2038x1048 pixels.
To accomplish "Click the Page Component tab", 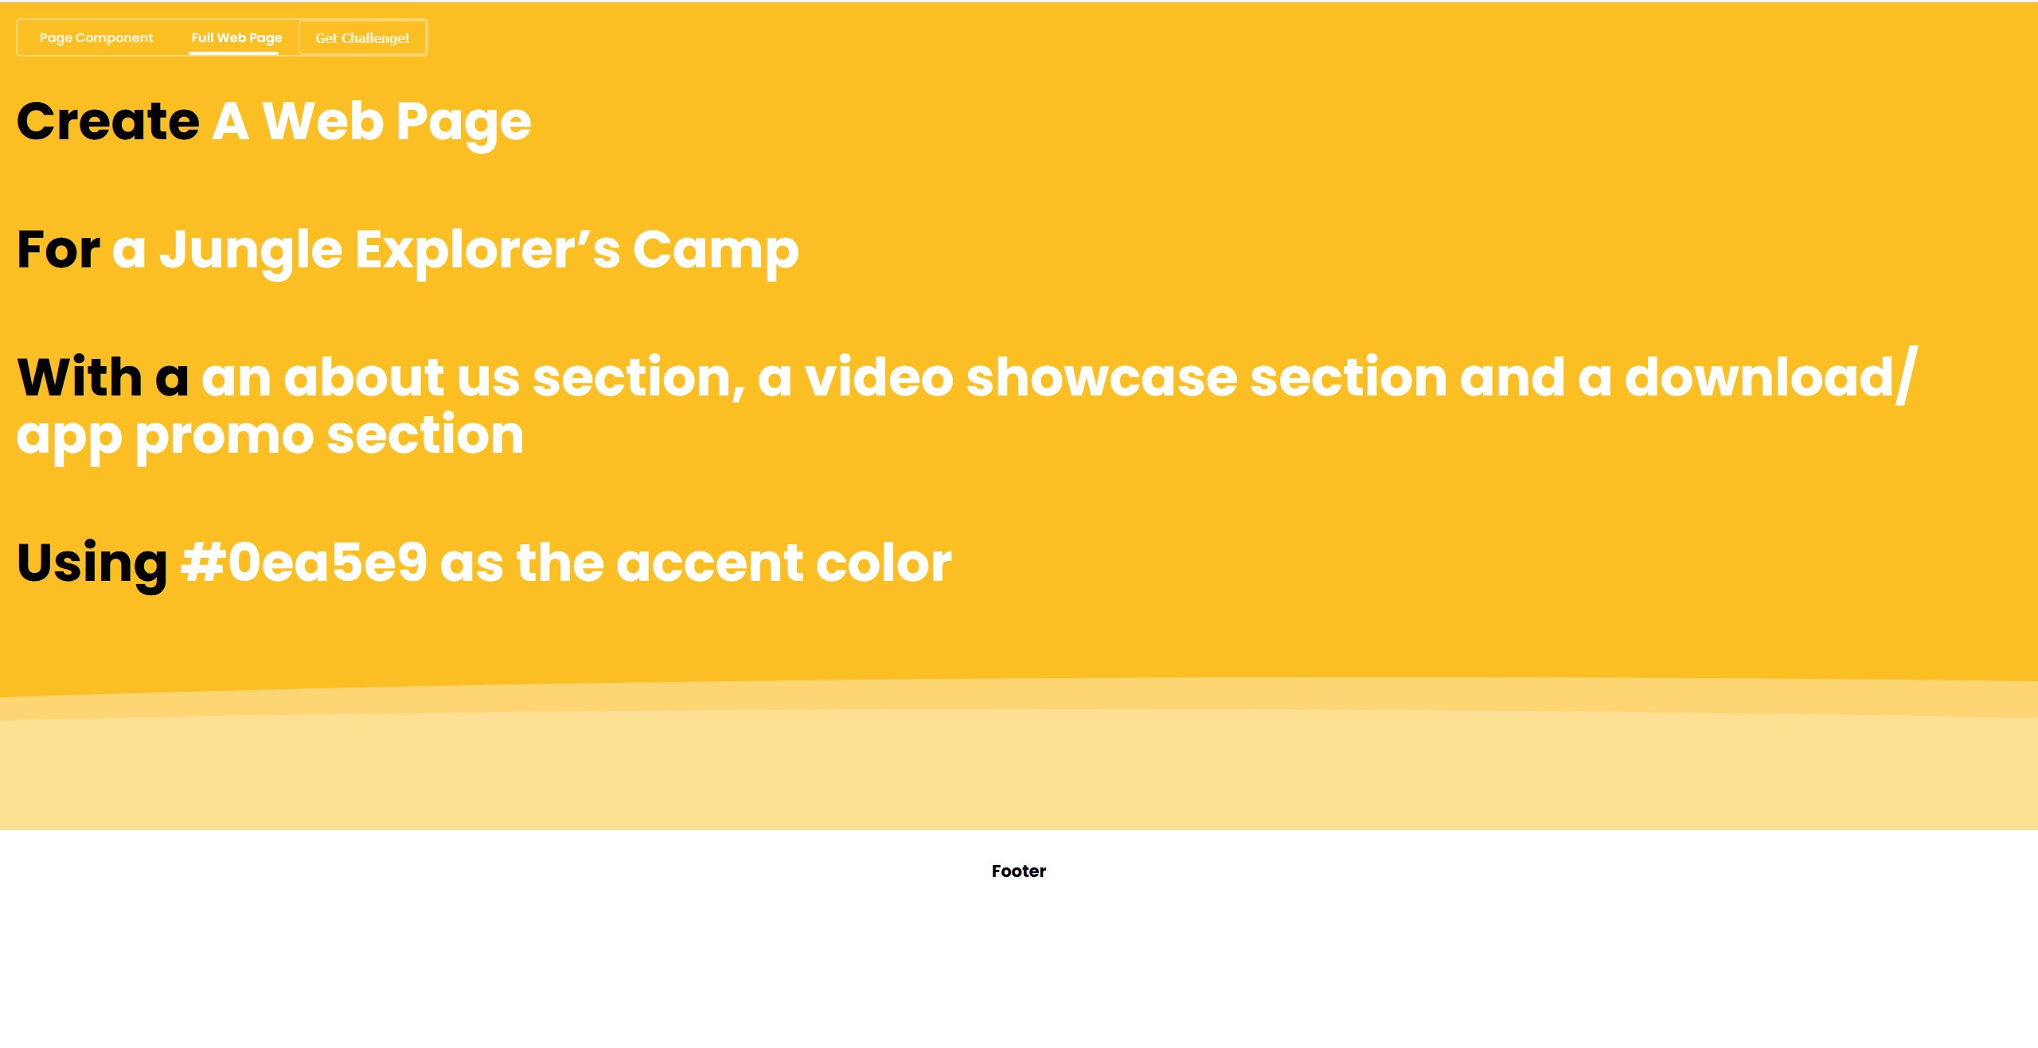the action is pyautogui.click(x=96, y=38).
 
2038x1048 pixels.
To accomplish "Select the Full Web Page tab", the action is pyautogui.click(x=236, y=38).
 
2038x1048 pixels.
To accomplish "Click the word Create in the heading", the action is pyautogui.click(x=108, y=122).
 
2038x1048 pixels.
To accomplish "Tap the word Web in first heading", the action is pyautogui.click(x=323, y=122).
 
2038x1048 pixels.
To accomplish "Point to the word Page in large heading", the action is pyautogui.click(x=463, y=125).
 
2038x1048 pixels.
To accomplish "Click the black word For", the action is pyautogui.click(x=58, y=250).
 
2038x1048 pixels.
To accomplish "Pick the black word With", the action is pyautogui.click(x=80, y=377).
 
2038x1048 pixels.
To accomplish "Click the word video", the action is pyautogui.click(x=879, y=377).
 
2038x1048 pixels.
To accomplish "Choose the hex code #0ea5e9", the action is pyautogui.click(x=304, y=563).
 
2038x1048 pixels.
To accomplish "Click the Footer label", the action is pyautogui.click(x=1019, y=871).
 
